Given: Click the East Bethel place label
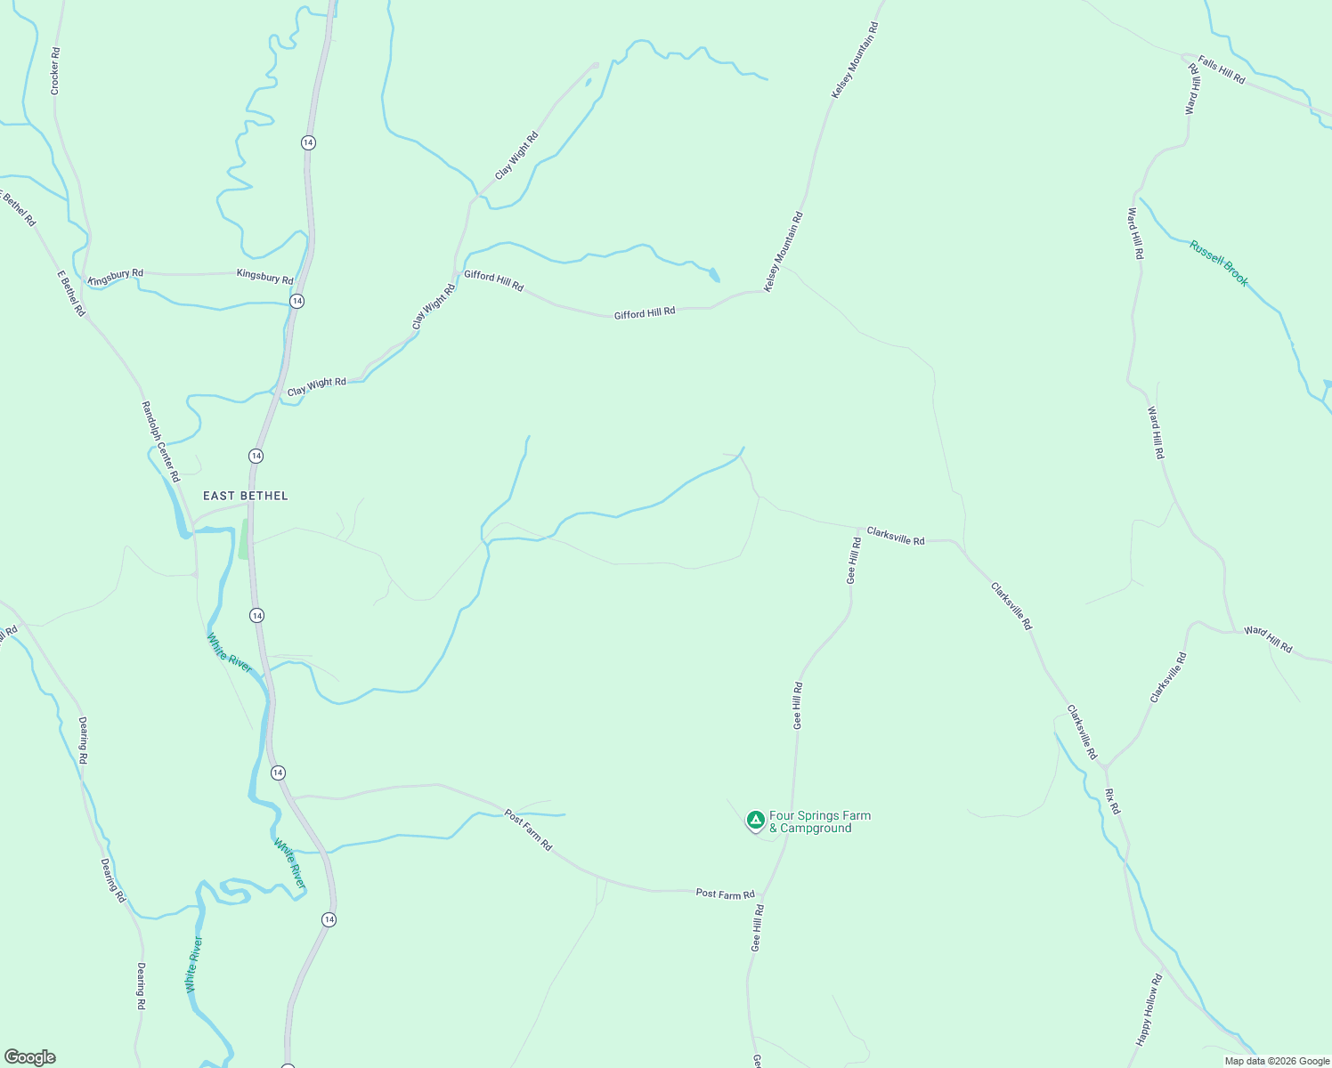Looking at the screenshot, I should click(246, 496).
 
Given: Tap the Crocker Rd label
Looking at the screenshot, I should click(55, 71).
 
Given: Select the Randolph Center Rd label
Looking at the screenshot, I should click(160, 441).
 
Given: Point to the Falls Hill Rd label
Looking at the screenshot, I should click(1222, 70).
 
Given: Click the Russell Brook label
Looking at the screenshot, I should click(1219, 263).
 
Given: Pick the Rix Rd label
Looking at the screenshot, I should click(1112, 801).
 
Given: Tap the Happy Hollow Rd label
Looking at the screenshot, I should click(1149, 1009).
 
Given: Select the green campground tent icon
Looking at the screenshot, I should click(755, 820).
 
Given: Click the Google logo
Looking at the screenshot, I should click(30, 1057).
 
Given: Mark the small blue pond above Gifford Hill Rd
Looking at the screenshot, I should click(713, 275).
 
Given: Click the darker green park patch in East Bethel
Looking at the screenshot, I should click(243, 539).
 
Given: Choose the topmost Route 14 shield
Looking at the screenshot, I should click(308, 142).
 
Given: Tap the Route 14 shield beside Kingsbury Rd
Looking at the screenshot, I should click(296, 301).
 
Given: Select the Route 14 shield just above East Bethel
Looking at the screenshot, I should click(256, 456).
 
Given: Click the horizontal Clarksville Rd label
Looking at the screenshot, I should click(896, 536).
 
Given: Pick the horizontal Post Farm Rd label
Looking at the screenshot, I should click(725, 894).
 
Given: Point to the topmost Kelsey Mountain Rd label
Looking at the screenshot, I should click(855, 61).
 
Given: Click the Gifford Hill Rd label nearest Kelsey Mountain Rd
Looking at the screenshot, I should click(645, 313).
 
